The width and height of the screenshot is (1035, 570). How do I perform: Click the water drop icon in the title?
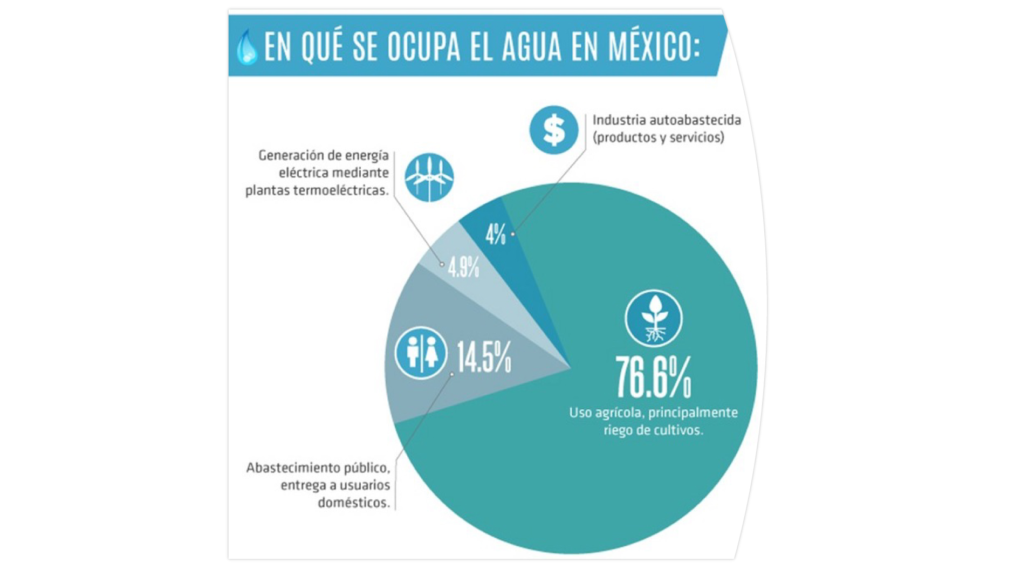point(247,47)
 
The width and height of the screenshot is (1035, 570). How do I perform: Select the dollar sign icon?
point(553,130)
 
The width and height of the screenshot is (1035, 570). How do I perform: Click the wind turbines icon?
point(429,177)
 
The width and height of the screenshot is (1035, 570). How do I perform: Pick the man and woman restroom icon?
point(421,353)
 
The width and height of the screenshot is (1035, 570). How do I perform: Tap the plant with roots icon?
point(654,318)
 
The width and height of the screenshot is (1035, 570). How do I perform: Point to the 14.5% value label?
point(484,357)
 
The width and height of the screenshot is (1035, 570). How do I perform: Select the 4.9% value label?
point(463,267)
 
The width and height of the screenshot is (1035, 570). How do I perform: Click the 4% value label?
point(495,235)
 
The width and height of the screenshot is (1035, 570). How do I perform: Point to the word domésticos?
point(353,503)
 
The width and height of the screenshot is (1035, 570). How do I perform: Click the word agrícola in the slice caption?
point(619,413)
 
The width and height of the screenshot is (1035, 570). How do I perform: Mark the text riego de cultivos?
point(653,430)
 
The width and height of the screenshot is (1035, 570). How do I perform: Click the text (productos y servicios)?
point(658,137)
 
